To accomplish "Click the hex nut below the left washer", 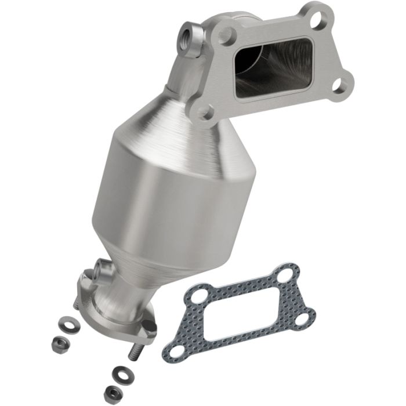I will point(59,339).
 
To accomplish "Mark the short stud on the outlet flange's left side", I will point(77,302).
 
